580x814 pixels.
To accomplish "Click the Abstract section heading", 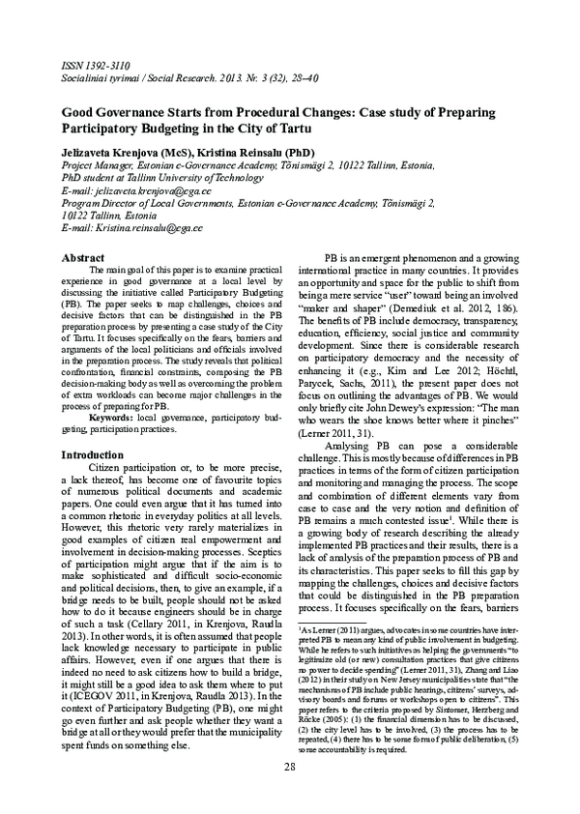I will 83,258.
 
